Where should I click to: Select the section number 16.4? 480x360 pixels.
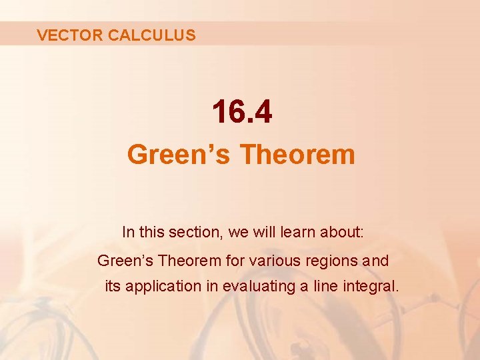[x=242, y=112]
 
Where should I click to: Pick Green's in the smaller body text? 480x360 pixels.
[x=123, y=261]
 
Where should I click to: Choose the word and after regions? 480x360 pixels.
[x=376, y=261]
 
